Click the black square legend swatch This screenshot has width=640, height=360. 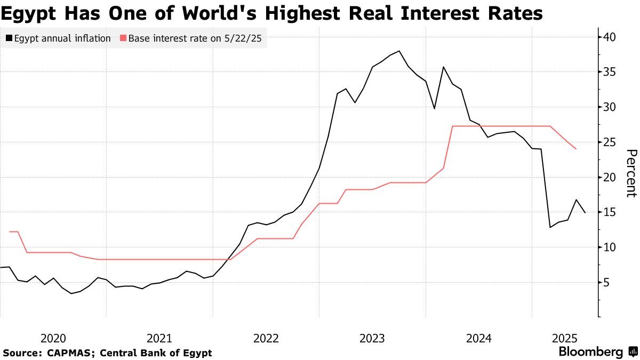tap(9, 38)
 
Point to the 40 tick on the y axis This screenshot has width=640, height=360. tap(610, 37)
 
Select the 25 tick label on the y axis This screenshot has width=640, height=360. tap(610, 142)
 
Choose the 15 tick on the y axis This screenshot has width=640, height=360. tap(610, 212)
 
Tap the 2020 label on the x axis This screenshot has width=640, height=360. tap(53, 338)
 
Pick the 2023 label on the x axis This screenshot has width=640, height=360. tap(372, 338)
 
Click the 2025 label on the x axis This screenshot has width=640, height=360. tap(565, 338)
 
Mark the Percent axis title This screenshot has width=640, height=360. tap(631, 173)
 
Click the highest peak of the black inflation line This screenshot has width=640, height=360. tap(399, 51)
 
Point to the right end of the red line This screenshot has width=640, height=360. tap(576, 149)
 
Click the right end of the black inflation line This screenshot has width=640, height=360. tap(585, 213)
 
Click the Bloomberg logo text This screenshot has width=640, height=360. tap(590, 351)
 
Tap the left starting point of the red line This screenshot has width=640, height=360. tap(10, 231)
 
